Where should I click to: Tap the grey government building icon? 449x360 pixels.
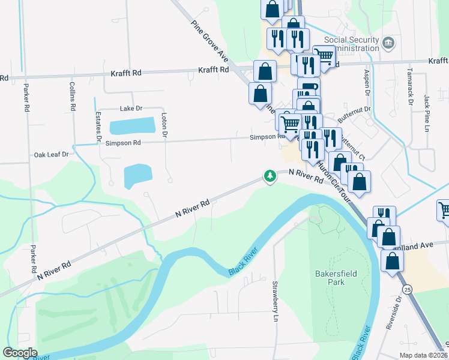click(x=388, y=43)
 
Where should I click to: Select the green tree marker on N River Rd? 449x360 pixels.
click(x=270, y=176)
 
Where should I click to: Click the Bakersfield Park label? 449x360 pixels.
click(x=336, y=278)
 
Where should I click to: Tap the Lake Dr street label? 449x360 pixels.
click(x=131, y=109)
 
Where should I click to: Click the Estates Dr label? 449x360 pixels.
click(x=98, y=126)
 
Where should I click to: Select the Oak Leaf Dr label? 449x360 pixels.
click(x=52, y=154)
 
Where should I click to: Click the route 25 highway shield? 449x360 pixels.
click(x=408, y=290)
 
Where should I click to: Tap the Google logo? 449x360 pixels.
click(x=20, y=352)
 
